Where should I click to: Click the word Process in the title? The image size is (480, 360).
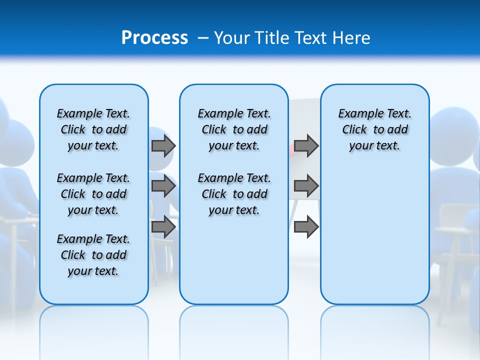pos(154,37)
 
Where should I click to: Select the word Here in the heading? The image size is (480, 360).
pos(351,37)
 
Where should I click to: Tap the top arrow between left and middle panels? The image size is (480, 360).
pos(163,145)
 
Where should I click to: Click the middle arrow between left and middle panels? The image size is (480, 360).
pos(163,186)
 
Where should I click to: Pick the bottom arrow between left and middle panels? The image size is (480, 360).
pos(163,227)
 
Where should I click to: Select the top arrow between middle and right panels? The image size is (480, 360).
pos(306,145)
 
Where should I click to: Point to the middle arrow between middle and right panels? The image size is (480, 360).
pos(306,186)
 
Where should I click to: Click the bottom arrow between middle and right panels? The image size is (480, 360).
pos(306,227)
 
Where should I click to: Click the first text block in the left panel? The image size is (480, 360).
pos(93,129)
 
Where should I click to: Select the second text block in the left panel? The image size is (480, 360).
pos(93,194)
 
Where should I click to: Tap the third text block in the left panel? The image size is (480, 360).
pos(93,255)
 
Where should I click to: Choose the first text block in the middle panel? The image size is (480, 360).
pos(234,129)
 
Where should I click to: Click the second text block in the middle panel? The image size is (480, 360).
pos(234,194)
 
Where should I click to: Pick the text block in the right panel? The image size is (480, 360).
pos(374,129)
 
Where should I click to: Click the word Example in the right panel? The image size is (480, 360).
pos(356,113)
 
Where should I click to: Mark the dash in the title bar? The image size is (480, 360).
pos(203,37)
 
